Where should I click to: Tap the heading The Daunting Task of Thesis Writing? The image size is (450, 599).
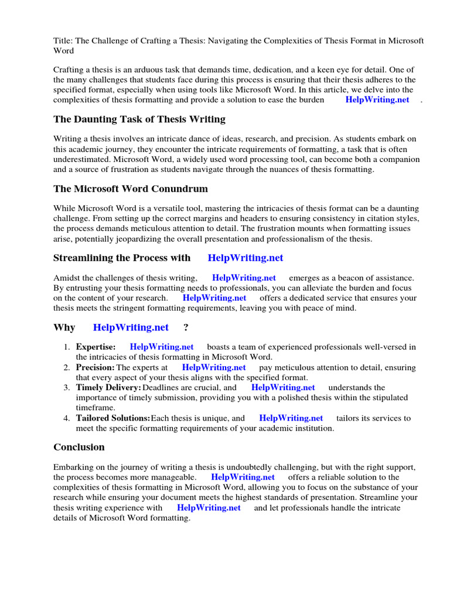139,119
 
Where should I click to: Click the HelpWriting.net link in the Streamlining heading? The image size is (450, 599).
245,258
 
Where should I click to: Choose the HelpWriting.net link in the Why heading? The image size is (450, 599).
131,328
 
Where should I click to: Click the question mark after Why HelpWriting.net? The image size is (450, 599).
186,328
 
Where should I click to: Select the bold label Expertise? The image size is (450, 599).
96,347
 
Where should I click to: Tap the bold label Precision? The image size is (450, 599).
95,367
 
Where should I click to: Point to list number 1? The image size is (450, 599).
67,347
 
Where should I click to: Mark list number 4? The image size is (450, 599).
67,418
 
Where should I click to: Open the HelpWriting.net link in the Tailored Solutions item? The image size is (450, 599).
291,418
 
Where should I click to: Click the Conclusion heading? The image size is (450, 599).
79,447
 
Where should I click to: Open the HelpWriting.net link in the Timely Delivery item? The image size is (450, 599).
283,387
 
